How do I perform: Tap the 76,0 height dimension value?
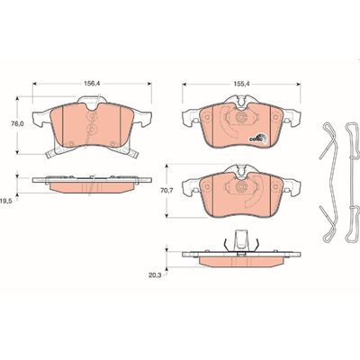click(15, 123)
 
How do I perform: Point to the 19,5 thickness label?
click(5, 202)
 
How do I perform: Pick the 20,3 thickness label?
click(154, 274)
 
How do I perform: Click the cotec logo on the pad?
click(257, 139)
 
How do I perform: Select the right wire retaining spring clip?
click(352, 183)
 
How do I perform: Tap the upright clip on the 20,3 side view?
click(241, 240)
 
